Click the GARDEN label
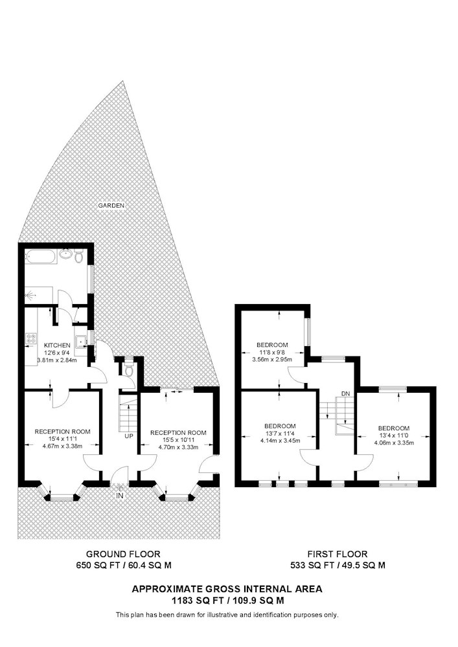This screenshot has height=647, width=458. coord(111,205)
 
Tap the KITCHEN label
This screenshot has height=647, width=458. coord(57,345)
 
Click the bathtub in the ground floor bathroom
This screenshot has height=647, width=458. coord(40,258)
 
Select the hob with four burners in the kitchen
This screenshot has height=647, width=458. coord(31,339)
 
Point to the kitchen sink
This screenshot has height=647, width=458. coord(82,341)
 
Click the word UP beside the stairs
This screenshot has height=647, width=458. coord(129,435)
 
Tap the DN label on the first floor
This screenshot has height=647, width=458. coord(346,393)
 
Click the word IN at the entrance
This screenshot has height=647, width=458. coord(120,496)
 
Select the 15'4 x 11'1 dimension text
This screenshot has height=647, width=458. coord(62,439)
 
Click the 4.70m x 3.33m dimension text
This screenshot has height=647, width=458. coord(178,447)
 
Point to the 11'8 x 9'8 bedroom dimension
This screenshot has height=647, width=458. coord(272,353)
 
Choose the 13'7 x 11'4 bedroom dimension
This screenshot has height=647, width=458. coord(280,433)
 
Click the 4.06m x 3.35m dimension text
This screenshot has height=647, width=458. coord(394,443)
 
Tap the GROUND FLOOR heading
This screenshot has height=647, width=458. coord(123,554)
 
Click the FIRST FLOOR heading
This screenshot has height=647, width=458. coord(338,554)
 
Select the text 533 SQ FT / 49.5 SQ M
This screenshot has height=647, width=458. coord(338,565)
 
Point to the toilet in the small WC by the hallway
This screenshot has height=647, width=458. coord(129,369)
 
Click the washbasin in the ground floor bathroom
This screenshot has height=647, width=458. coord(65,254)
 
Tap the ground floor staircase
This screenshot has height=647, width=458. coord(128,412)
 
